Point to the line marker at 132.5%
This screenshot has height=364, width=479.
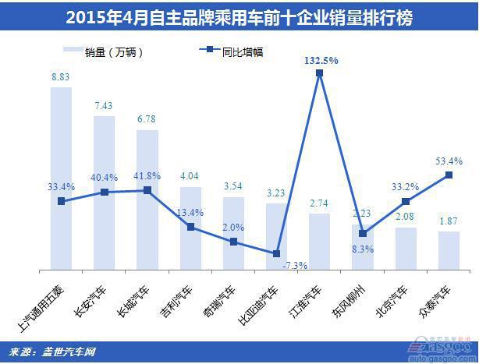click(x=320, y=74)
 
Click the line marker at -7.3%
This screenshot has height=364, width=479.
click(x=277, y=253)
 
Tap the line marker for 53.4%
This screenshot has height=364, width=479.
click(x=449, y=175)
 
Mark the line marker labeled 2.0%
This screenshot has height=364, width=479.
click(x=233, y=242)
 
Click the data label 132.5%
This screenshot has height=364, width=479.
click(x=321, y=60)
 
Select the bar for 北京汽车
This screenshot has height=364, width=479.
click(x=406, y=249)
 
